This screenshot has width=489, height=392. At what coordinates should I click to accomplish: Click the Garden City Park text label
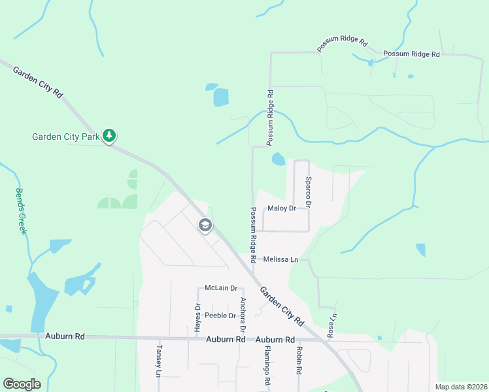coord(65,137)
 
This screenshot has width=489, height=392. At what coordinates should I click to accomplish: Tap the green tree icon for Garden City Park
coord(110,136)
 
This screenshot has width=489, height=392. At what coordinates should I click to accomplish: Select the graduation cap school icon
coord(205,225)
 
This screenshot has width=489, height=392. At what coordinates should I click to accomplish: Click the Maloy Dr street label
coord(282,208)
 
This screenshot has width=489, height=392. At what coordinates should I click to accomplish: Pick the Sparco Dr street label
coord(309,191)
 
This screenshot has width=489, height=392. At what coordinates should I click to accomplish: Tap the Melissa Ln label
coord(281,259)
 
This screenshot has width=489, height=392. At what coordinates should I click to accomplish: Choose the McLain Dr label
coord(220,287)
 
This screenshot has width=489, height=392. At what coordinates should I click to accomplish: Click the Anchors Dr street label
coord(243,314)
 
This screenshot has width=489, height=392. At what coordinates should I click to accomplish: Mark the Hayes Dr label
coord(196,318)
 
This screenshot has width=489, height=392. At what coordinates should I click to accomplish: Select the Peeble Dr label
coord(220,315)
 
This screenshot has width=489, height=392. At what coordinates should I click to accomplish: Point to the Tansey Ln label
coord(158,362)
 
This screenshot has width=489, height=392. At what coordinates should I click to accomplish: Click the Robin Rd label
coord(298,361)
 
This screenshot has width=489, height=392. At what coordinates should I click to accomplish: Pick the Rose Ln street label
coord(333,324)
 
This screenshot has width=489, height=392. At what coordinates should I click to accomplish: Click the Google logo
coord(22,384)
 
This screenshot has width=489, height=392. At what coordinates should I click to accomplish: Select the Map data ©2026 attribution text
coord(461,387)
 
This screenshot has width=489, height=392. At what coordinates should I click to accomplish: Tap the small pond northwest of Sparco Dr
coord(278,159)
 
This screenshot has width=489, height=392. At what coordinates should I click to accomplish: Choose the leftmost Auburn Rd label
coord(65,336)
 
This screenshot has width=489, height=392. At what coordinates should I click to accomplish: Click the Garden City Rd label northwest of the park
coord(38,82)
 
